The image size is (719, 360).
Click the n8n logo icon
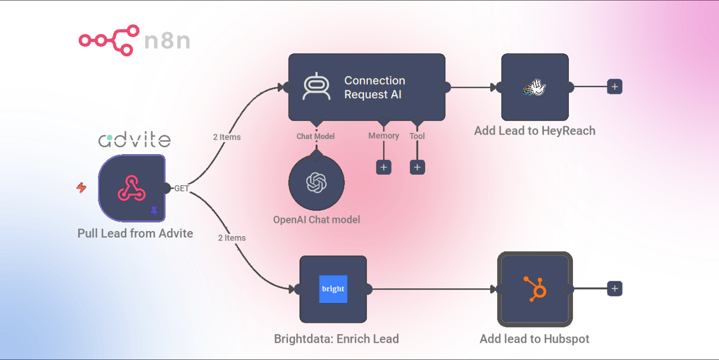pos(109,40)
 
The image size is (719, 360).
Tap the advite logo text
pos(134,140)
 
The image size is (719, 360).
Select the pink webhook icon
pos(131,188)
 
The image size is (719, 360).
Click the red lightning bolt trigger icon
pos(82,187)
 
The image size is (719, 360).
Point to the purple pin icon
pos(154,211)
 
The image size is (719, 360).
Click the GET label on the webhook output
pos(181,188)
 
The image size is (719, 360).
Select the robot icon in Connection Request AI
pos(317,87)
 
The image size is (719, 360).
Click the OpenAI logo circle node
pos(317,183)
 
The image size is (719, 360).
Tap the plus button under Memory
pos(384,168)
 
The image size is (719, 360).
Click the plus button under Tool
pos(417,168)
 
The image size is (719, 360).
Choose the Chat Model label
pos(316,137)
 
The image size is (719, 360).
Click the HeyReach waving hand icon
pos(535,87)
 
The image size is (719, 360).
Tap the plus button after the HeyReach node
pos(614,87)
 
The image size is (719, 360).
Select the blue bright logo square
pos(333,289)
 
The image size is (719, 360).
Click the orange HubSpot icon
pos(535,289)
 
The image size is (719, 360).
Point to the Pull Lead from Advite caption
pos(135,234)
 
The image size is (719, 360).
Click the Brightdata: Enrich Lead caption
pos(336,339)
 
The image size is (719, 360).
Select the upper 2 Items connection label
pos(227,137)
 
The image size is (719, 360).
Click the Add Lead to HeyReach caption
pos(535,130)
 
